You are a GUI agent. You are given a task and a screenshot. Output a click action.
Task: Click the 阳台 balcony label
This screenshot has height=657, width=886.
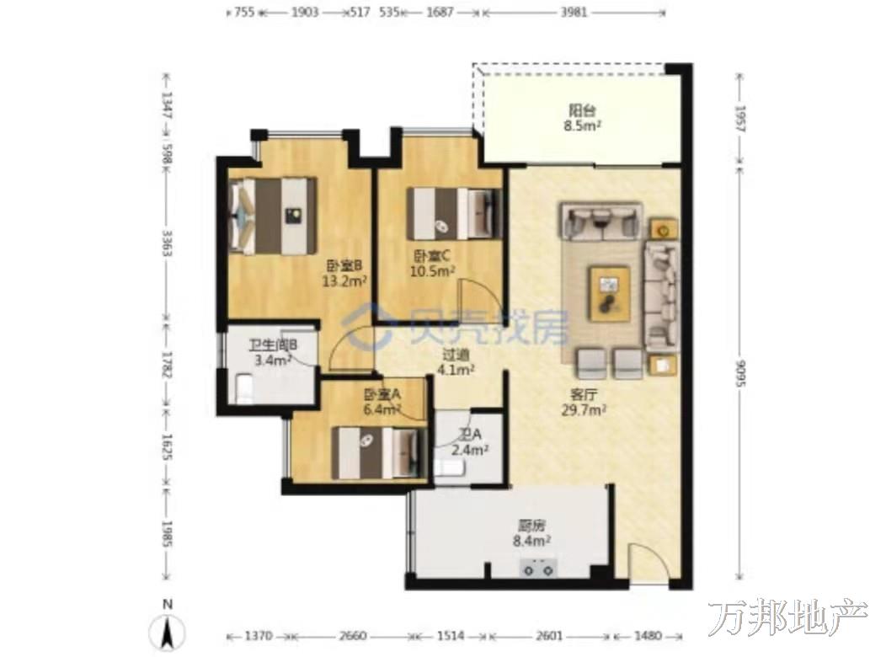[x=584, y=118]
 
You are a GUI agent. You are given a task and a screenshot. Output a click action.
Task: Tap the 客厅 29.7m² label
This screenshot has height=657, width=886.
[x=584, y=403]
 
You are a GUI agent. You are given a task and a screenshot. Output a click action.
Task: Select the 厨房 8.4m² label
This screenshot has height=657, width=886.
[x=531, y=533]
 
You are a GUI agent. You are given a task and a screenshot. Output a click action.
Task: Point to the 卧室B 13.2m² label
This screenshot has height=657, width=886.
[x=344, y=273]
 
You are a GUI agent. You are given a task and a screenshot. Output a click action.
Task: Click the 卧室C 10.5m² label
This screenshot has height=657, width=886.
[x=432, y=264]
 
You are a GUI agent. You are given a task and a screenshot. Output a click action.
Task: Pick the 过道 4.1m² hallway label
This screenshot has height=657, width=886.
[x=456, y=362]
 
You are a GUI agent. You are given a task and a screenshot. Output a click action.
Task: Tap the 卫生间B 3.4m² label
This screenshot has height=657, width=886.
[x=273, y=352]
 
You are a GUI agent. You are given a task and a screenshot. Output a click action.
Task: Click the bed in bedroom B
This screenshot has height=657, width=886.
[x=274, y=216]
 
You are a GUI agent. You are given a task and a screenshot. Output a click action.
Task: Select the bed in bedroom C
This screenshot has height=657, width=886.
[x=455, y=214]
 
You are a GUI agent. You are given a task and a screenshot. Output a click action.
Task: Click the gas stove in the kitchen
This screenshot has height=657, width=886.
[x=538, y=568]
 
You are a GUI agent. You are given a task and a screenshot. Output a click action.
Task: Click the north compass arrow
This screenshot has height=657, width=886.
[x=168, y=632]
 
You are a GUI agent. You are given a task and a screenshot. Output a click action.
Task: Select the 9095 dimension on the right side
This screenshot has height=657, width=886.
[x=740, y=374]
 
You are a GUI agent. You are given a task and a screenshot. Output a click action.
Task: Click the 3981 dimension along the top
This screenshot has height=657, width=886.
[x=574, y=13]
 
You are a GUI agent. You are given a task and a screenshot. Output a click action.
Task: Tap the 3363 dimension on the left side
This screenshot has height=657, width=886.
[x=166, y=243]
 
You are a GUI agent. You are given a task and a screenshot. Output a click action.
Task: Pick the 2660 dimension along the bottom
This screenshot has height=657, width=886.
[x=353, y=636]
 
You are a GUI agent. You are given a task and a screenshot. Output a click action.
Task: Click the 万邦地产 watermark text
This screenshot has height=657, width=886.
[x=787, y=617]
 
